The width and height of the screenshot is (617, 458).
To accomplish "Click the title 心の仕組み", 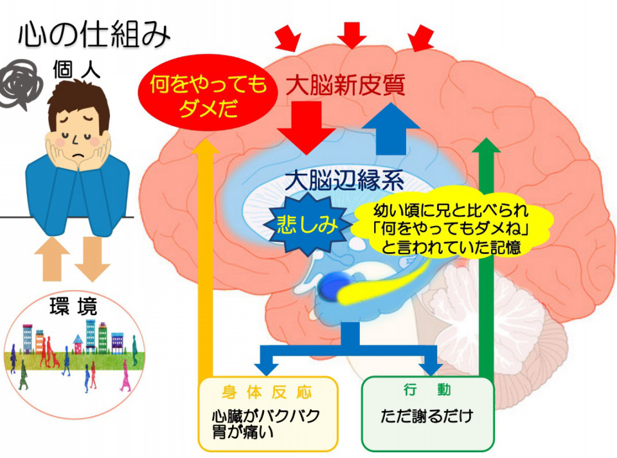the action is click(94, 35).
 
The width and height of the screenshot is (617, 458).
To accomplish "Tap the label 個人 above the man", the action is click(76, 70).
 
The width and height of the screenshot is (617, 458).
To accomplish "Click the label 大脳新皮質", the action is click(345, 86).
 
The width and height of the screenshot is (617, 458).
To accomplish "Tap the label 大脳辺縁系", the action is click(344, 181).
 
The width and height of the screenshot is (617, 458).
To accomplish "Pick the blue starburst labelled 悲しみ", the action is click(307, 224).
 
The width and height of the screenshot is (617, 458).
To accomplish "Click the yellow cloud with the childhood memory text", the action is click(451, 228).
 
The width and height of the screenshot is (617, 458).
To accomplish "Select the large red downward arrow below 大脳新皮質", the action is click(306, 127).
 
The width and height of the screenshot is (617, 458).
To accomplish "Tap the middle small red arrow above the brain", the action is click(352, 35).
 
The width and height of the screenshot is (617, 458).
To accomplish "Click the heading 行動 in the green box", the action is click(427, 390).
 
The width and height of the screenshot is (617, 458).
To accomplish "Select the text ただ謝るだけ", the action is click(427, 416).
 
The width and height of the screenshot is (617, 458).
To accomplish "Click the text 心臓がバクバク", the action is click(266, 416).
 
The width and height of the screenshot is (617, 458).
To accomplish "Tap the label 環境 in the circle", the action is click(73, 306).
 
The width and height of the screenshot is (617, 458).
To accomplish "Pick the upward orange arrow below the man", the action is click(51, 259).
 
